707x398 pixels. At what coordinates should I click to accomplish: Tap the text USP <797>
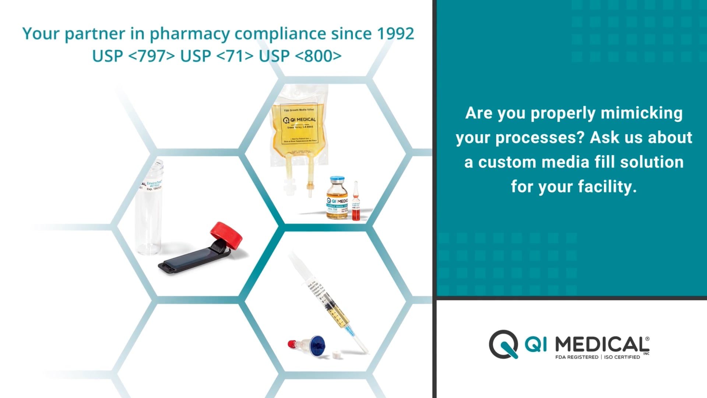tap(133, 56)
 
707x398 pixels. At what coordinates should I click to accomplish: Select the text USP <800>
tap(300, 56)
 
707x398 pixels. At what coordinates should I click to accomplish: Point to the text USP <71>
tap(217, 56)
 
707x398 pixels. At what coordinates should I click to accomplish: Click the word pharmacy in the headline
tap(190, 34)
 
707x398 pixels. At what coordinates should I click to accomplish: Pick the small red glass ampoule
tap(356, 203)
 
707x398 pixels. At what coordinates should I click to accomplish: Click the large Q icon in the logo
tap(503, 344)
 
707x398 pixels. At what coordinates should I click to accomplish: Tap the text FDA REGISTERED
tap(577, 357)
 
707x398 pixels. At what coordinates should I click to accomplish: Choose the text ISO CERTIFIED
tap(622, 357)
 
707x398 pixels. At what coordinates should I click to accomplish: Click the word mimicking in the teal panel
tap(641, 113)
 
